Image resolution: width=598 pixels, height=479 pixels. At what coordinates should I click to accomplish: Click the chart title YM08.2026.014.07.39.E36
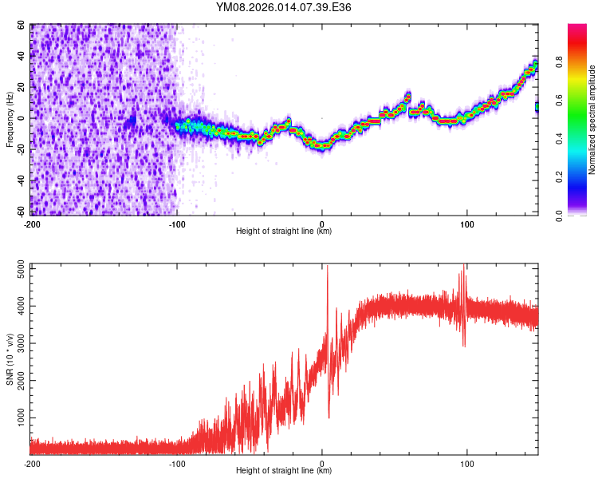(x=284, y=7)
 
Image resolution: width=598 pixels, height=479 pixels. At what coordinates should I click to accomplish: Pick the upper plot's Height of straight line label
(x=284, y=232)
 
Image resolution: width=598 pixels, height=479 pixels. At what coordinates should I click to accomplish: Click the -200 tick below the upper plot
(x=32, y=224)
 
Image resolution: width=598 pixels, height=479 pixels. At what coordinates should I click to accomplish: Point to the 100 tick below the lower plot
(x=466, y=463)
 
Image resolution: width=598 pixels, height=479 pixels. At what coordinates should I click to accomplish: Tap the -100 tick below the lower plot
(x=177, y=463)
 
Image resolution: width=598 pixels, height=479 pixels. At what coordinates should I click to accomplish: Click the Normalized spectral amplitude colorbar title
(x=592, y=120)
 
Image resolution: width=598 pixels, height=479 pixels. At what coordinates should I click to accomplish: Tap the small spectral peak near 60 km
(x=407, y=97)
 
